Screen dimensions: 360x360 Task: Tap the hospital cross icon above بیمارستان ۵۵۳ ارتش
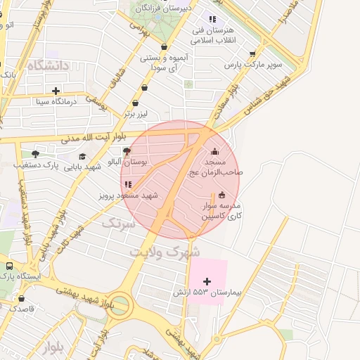pos(206,281)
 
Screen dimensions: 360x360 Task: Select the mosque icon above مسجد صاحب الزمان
pos(215,152)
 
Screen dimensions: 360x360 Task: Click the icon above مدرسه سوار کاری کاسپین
pos(222,195)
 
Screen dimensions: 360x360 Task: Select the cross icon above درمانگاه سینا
pos(56,91)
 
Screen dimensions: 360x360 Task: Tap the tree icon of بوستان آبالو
pos(127,150)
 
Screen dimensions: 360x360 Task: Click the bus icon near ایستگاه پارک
pos(10,266)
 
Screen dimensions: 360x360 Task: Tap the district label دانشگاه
pos(49,65)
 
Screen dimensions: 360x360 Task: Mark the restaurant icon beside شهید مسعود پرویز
pos(128,184)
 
